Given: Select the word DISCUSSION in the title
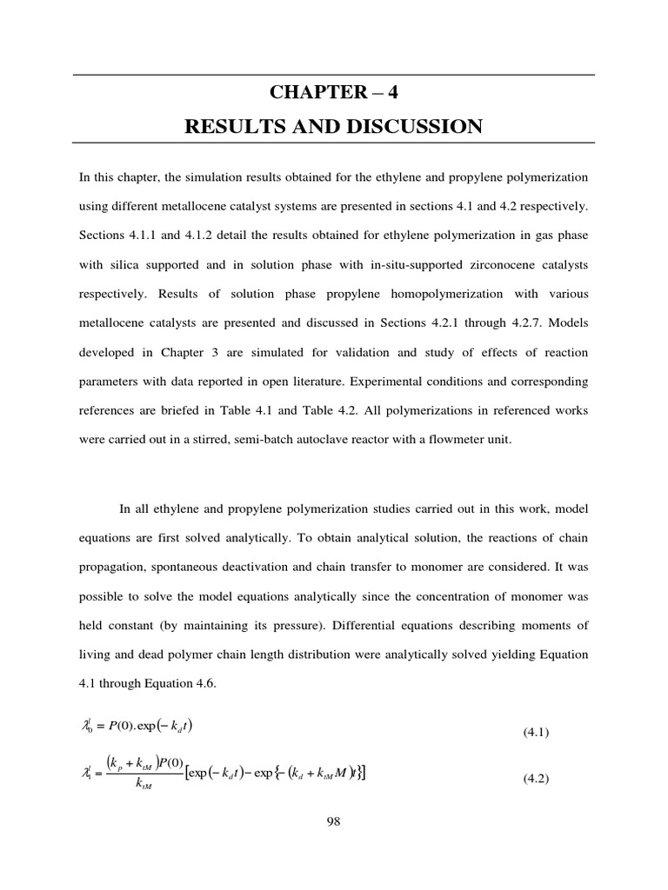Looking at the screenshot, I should click(408, 127).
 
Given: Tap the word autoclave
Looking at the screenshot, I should click(328, 439).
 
